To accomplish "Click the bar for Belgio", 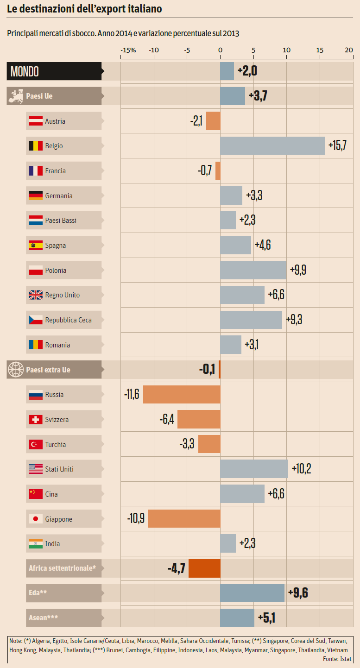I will pos(272,146).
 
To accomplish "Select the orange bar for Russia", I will pos(182,395).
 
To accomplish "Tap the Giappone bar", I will pos(184,519).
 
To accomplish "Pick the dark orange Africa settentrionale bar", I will pos(204,568).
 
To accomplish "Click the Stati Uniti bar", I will pos(254,469).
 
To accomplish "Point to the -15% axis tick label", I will pos(128,50).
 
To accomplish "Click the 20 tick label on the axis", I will pos(349,50).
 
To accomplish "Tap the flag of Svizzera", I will pos(36,420).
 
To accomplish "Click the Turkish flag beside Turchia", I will pos(36,445).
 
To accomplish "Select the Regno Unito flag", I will pos(36,295).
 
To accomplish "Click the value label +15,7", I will pos(337,146).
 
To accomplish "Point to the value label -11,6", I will pos(132,395).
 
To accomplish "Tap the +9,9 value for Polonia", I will pos(298,270).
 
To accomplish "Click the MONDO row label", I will pos(25,71).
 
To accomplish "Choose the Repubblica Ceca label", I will pos(68,320).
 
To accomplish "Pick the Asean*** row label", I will pos(44,618).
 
